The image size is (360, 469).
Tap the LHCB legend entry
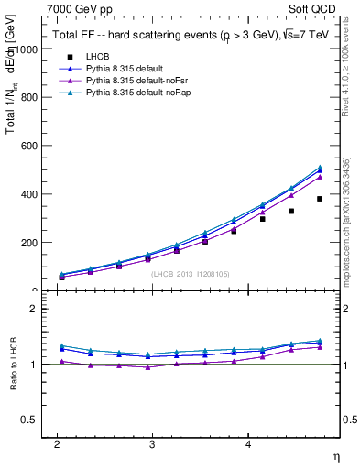(x=100, y=56)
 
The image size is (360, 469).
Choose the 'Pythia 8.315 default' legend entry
(x=128, y=69)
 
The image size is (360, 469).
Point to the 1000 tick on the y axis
(x=29, y=49)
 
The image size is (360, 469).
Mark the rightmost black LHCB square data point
(x=320, y=199)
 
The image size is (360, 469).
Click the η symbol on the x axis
(x=336, y=455)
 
